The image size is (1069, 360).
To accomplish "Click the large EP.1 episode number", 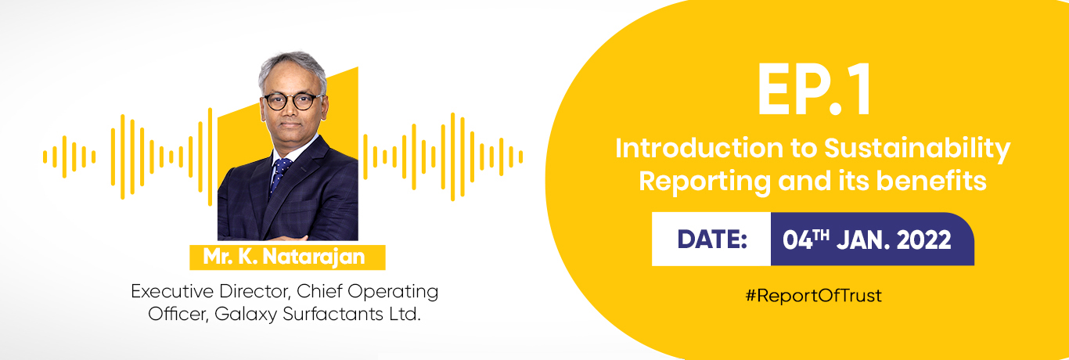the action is [814, 91].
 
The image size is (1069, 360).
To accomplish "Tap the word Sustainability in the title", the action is [917, 149].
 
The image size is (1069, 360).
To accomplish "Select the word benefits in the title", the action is [931, 181].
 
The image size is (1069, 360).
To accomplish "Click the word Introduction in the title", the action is [699, 149].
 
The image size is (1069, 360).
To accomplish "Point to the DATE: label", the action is [712, 239].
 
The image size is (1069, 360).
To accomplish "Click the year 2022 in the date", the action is [924, 239].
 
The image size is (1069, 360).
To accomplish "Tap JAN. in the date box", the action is [863, 239].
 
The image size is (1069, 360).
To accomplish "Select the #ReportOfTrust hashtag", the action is [814, 296].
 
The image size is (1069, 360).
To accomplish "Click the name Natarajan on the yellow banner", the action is [314, 257].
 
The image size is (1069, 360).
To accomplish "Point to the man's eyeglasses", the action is [292, 101].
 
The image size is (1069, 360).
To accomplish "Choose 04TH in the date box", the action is [805, 239].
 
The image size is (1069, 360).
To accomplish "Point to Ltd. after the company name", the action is [405, 314].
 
